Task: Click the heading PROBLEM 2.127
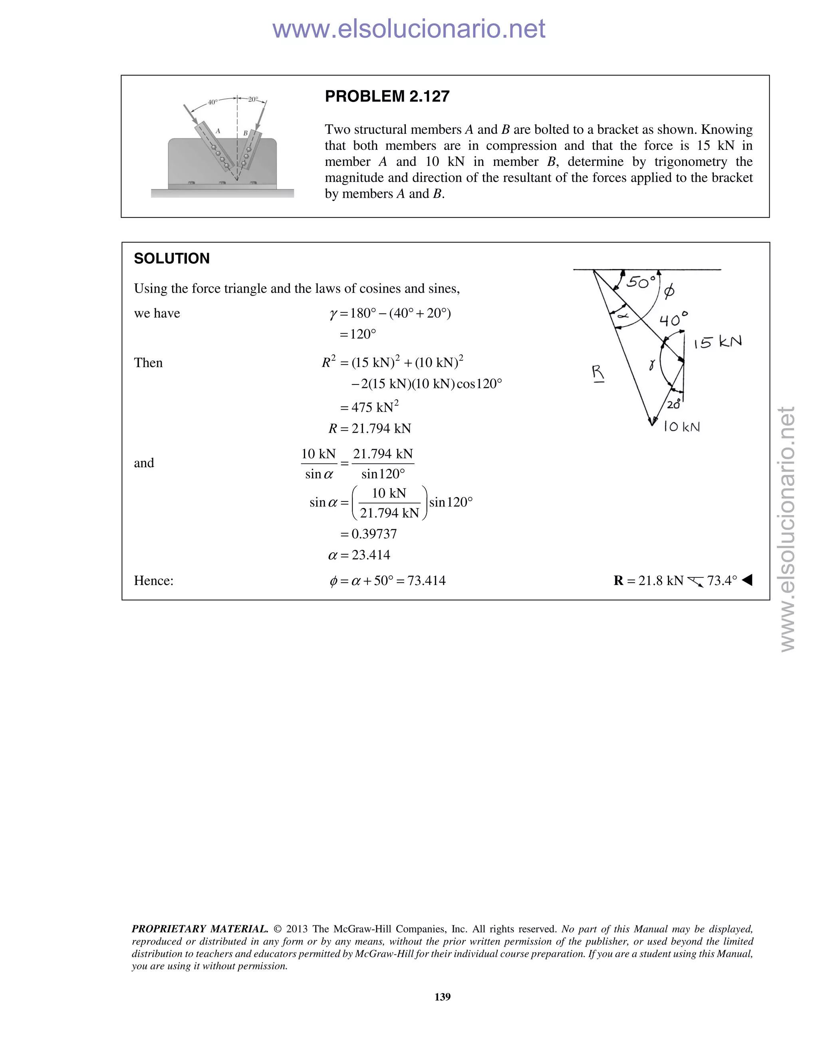click(x=387, y=96)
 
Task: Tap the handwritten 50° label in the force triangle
click(x=641, y=282)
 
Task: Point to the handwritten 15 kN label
click(x=717, y=342)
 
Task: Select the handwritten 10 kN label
click(x=681, y=427)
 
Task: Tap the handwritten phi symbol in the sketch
click(x=669, y=291)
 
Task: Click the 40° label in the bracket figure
click(x=212, y=102)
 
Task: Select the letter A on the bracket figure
click(x=218, y=131)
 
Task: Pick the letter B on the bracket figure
click(x=245, y=133)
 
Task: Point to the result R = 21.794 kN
click(x=369, y=429)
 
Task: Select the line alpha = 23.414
click(x=359, y=555)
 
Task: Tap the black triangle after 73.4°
click(x=747, y=580)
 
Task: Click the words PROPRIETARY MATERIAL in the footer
click(x=200, y=929)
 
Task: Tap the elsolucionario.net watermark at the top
click(x=409, y=29)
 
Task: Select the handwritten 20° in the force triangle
click(x=673, y=404)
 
